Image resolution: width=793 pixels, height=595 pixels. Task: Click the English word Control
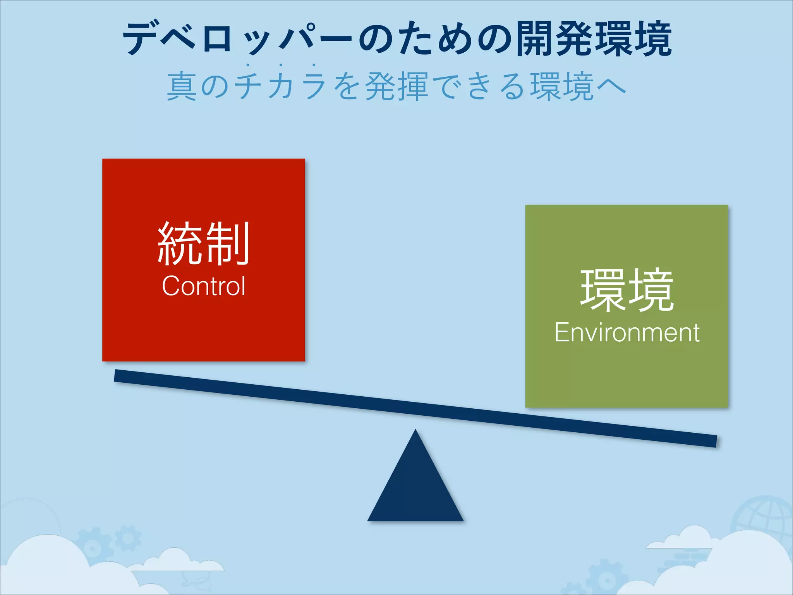click(204, 286)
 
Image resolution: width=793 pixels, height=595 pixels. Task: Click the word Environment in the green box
click(627, 332)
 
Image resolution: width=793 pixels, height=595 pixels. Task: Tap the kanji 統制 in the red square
click(204, 244)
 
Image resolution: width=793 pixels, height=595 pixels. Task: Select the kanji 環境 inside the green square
click(627, 291)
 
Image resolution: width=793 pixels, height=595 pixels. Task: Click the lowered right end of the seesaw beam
click(711, 441)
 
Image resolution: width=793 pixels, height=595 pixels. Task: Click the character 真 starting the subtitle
click(181, 86)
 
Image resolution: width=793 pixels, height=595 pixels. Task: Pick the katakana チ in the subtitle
click(248, 86)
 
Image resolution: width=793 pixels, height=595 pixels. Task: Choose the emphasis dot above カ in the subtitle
click(281, 65)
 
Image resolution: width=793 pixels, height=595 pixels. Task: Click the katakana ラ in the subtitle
click(314, 86)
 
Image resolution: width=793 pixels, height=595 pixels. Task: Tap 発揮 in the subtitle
click(396, 86)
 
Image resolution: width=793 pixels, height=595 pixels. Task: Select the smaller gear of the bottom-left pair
click(127, 538)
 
